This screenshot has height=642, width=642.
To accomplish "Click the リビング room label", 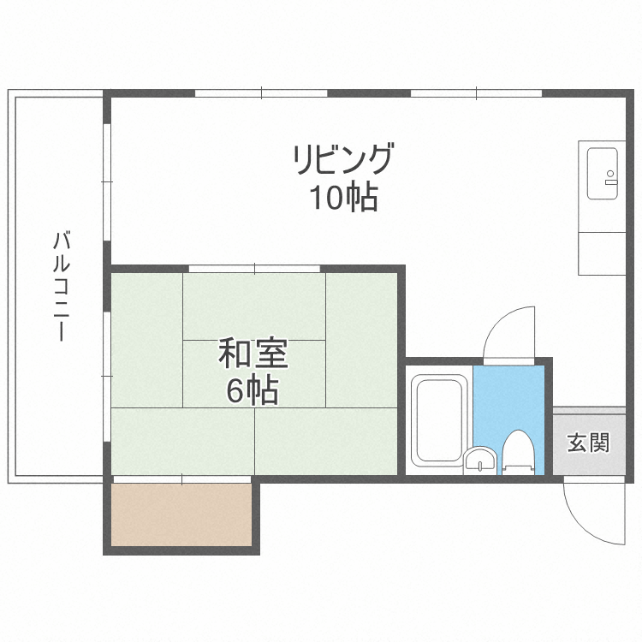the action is point(343,158).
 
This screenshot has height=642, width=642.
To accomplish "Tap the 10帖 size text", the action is point(343,197).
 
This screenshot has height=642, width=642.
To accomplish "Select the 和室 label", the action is point(253,353).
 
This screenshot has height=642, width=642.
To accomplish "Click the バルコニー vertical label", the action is point(61,286).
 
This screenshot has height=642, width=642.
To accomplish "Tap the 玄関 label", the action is point(588,443).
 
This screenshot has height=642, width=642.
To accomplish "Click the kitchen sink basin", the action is point(602,174).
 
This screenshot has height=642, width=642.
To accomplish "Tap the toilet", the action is point(519,453).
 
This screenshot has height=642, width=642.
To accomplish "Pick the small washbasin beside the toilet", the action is point(480,461).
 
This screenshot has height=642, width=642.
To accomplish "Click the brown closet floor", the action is point(181,514).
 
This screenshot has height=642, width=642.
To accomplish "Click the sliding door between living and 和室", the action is point(254,269).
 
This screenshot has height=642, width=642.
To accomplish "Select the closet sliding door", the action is point(181,479).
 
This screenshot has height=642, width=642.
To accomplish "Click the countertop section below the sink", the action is point(602,253).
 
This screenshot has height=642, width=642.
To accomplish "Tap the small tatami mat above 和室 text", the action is point(254,306).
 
